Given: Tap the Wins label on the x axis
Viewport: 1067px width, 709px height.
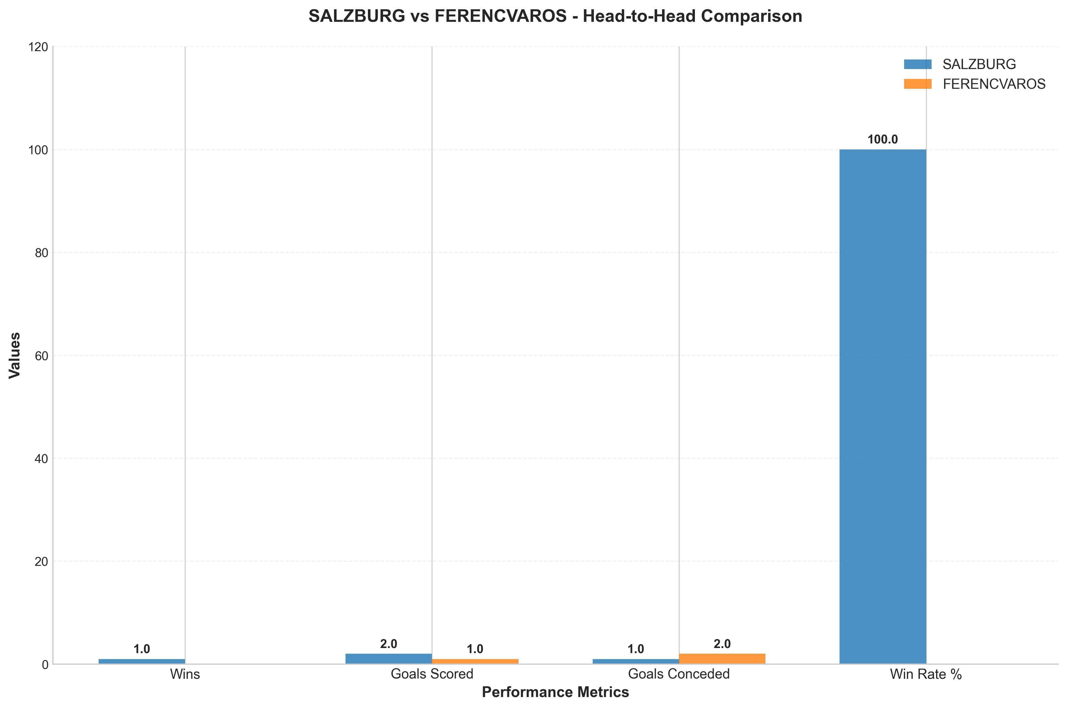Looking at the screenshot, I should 185,674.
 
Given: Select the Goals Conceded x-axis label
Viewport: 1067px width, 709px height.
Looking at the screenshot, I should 679,674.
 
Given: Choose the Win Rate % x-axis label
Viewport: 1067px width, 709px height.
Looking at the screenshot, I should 926,674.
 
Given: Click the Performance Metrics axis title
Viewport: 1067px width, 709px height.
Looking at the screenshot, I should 555,692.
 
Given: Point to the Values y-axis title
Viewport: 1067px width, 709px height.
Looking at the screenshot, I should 15,355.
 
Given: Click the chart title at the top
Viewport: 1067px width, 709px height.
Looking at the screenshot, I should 555,16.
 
